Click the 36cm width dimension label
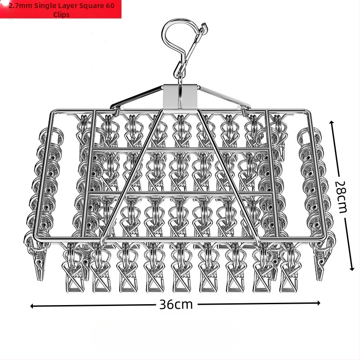(x=176, y=305)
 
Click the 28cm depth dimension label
(x=340, y=197)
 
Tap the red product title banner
(x=61, y=9)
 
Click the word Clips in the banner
(x=61, y=14)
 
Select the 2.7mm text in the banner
(x=20, y=5)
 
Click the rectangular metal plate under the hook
(x=180, y=96)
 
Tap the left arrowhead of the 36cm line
(x=32, y=306)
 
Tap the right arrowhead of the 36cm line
(x=319, y=303)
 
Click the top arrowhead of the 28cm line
(x=331, y=122)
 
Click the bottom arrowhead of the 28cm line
(x=352, y=269)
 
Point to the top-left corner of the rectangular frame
(x=53, y=112)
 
